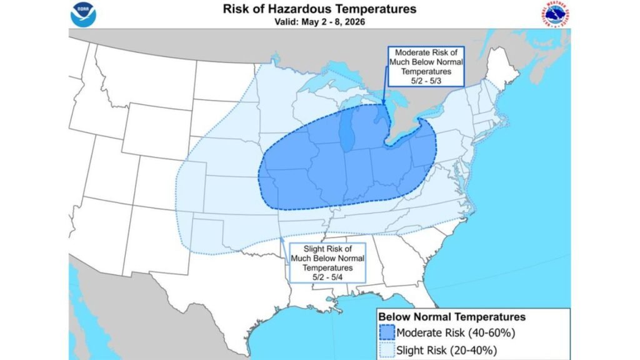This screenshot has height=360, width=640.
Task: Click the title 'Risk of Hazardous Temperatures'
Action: coord(319,9)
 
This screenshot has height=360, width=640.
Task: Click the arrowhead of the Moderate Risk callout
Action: coord(383,102)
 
